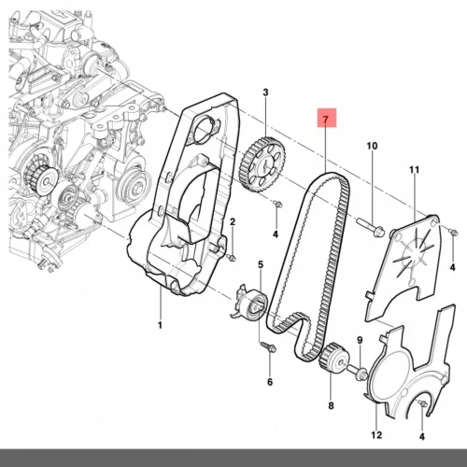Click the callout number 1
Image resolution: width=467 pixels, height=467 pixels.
point(160,325)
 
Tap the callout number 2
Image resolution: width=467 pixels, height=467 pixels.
point(233,222)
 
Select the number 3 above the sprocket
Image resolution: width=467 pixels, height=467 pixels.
point(265,92)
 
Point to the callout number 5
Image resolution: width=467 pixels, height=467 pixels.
point(261,264)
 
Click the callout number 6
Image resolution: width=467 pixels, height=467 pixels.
point(270,382)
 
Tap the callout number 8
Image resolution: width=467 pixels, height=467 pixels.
point(331,405)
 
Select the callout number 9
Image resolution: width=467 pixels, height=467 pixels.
point(360,340)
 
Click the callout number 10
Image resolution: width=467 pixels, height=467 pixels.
point(372,146)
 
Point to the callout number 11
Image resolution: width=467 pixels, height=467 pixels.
point(414,170)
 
